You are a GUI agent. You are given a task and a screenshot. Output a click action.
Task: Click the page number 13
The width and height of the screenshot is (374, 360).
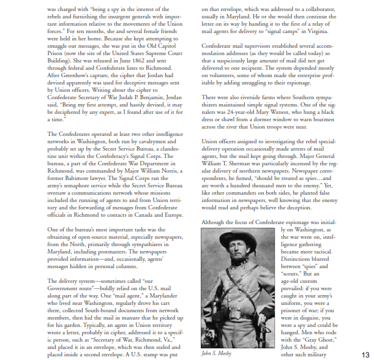(x=365, y=353)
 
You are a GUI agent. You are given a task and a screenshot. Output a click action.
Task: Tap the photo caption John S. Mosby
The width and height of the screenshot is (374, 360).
(x=217, y=353)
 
